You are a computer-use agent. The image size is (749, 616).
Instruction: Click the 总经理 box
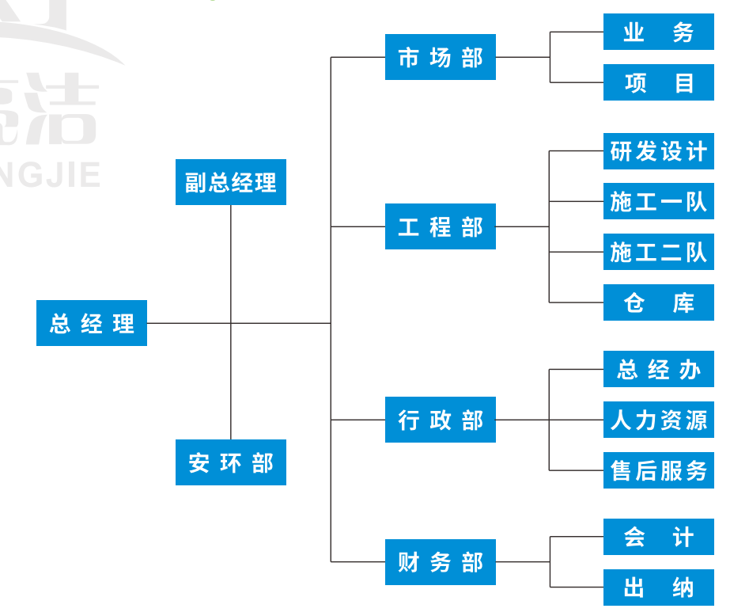coord(92,323)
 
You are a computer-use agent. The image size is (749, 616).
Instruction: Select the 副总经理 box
coord(231,182)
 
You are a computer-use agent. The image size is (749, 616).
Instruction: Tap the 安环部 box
coord(231,462)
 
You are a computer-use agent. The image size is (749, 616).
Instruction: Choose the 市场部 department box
coord(441,57)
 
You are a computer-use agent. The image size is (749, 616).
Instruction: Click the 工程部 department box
coord(441,226)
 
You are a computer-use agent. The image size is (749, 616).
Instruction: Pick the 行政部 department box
coord(441,420)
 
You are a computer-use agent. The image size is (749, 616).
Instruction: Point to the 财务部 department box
coord(441,562)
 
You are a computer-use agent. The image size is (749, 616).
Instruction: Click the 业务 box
coord(659,32)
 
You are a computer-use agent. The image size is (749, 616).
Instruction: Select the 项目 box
coord(659,82)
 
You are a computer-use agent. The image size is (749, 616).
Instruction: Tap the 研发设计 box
coord(659,150)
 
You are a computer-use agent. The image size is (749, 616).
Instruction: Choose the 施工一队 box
coord(659,201)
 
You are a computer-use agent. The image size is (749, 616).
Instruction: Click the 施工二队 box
coord(659,252)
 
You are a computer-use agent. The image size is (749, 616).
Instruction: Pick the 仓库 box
coord(659,302)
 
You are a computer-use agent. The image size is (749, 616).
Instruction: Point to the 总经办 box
coord(659,369)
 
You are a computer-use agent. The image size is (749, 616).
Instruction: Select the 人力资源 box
coord(659,420)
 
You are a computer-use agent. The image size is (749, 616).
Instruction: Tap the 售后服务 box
coord(659,470)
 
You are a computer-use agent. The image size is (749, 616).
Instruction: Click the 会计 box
coord(659,537)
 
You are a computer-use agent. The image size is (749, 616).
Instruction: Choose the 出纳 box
coord(659,587)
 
